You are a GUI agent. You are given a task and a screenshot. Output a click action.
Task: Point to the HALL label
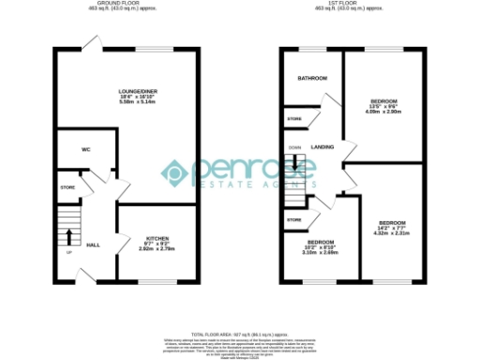pyautogui.click(x=93, y=244)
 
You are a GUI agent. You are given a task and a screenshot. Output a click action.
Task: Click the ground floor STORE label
pyautogui.click(x=67, y=187)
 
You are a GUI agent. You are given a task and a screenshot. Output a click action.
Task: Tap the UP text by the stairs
pyautogui.click(x=67, y=252)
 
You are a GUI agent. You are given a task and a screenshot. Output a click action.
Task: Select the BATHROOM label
pyautogui.click(x=311, y=79)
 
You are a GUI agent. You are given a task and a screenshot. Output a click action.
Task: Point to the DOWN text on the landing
pyautogui.click(x=294, y=147)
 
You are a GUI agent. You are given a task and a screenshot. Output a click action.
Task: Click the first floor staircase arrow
pyautogui.click(x=294, y=165)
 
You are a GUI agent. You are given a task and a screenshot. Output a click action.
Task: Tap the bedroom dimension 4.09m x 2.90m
pyautogui.click(x=383, y=112)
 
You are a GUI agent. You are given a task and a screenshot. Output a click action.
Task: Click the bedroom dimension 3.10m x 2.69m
pyautogui.click(x=321, y=253)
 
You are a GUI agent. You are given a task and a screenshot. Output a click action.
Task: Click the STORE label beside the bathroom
pyautogui.click(x=294, y=119)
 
